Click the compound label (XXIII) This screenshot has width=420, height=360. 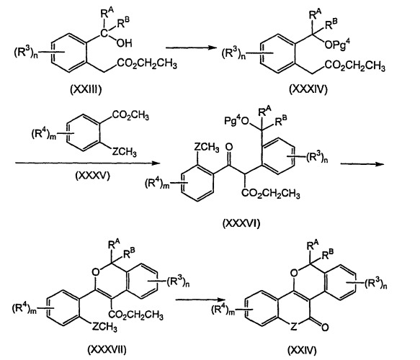(86, 90)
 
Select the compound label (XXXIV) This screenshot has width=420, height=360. (308, 89)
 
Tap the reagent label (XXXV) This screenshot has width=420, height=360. (93, 176)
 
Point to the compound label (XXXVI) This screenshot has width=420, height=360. (241, 223)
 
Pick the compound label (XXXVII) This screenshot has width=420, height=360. (107, 349)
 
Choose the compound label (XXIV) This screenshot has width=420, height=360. (302, 350)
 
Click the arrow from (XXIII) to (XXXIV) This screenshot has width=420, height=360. (191, 48)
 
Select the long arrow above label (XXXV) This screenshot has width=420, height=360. (88, 163)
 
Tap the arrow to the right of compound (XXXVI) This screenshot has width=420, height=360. (362, 164)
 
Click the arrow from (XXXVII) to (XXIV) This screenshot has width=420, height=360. (200, 300)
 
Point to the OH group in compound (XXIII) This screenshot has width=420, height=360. (125, 42)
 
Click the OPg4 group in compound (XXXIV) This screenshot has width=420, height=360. (337, 44)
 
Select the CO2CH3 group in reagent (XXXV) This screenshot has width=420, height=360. (130, 116)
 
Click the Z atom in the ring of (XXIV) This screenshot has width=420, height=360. (294, 327)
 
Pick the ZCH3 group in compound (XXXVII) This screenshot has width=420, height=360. (104, 327)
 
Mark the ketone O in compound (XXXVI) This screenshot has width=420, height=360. (229, 147)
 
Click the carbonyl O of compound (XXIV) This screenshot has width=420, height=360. (325, 327)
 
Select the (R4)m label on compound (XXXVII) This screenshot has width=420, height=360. (24, 309)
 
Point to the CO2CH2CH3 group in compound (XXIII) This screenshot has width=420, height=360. (147, 64)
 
